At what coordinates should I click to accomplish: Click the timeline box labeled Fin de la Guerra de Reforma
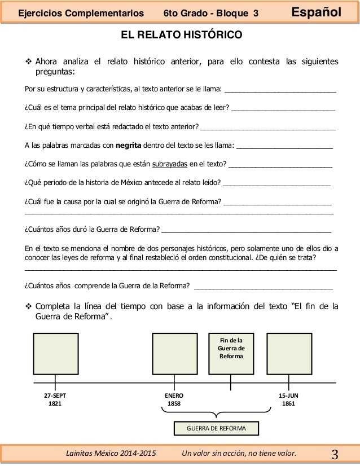click(x=231, y=354)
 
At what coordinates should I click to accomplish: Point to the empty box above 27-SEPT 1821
click(x=55, y=354)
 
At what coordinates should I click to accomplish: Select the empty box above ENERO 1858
click(x=175, y=354)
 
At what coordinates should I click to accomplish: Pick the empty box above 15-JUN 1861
click(x=288, y=354)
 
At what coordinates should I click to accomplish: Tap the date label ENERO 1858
click(x=174, y=400)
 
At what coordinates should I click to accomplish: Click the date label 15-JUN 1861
click(x=288, y=400)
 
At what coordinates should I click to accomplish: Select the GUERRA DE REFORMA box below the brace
click(x=216, y=429)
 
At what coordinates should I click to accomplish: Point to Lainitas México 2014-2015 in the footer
click(x=111, y=453)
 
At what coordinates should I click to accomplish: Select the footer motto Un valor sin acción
click(x=239, y=453)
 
